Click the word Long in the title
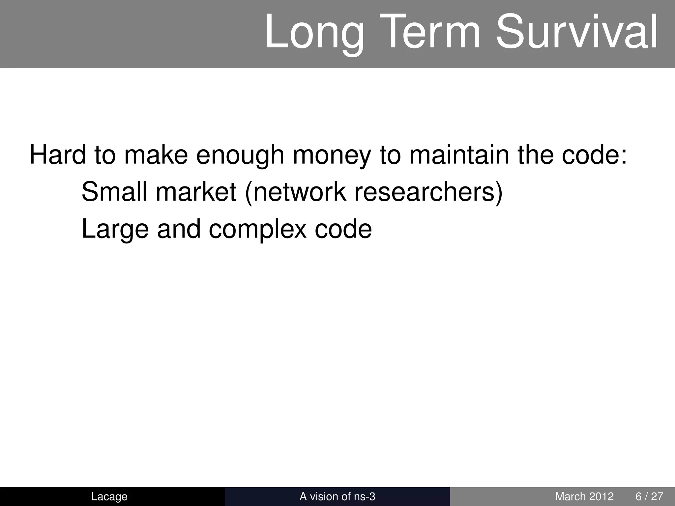[x=315, y=33]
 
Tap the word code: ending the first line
[x=594, y=155]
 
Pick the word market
[x=196, y=192]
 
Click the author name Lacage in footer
[x=109, y=496]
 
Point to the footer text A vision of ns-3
[x=337, y=496]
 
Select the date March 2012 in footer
[x=584, y=496]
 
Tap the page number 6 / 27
[x=649, y=496]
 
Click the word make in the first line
[x=156, y=155]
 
